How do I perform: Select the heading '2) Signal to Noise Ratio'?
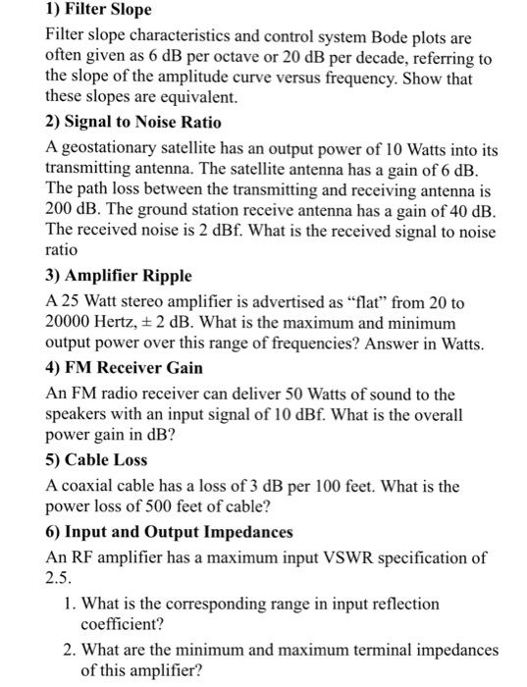click(x=133, y=123)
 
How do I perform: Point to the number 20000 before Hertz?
click(x=70, y=323)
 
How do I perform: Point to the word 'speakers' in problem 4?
click(x=79, y=415)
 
